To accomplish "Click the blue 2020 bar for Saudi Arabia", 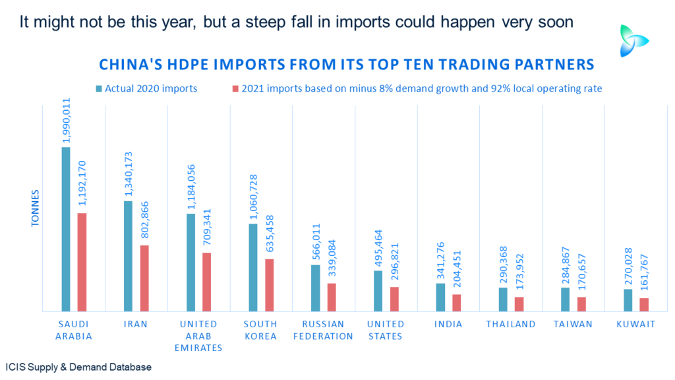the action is click(66, 229).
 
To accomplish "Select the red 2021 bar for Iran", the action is click(144, 278).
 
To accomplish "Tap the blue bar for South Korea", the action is click(253, 268).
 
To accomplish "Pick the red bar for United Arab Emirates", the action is click(206, 282).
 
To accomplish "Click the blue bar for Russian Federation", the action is click(316, 288).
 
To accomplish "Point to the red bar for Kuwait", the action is click(644, 305).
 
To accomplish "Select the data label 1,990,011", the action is click(67, 121).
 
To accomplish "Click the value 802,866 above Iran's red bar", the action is click(144, 220).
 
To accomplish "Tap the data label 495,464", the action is click(378, 248).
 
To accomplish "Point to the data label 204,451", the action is click(457, 269).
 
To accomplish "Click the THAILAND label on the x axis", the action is click(511, 324).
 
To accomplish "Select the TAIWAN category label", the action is click(573, 324).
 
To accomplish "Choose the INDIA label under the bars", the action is click(448, 324).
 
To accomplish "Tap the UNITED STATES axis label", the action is click(386, 330).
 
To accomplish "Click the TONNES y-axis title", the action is click(35, 208).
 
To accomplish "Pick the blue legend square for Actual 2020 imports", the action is click(99, 89).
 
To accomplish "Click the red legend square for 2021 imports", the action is click(235, 89).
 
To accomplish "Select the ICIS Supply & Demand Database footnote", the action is click(78, 367).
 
